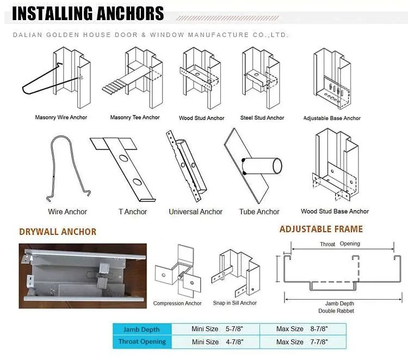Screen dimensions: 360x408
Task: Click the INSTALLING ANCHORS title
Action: pos(88,13)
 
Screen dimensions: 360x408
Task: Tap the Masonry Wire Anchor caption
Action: pos(61,117)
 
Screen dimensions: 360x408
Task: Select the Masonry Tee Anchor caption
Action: pos(135,117)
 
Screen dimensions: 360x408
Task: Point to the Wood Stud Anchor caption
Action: pos(201,118)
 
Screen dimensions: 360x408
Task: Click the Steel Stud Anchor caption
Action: pos(262,117)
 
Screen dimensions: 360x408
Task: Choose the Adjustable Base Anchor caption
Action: pos(332,118)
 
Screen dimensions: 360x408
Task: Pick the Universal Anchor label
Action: pos(195,212)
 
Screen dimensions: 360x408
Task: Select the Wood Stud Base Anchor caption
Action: pos(335,211)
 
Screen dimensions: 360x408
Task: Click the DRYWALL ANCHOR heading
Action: pos(58,232)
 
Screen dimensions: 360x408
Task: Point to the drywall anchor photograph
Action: pos(83,276)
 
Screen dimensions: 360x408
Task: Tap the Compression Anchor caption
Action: pos(177,303)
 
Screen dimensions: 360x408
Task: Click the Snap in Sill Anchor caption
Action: pos(234,303)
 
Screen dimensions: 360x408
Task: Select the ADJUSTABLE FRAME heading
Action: pos(321,229)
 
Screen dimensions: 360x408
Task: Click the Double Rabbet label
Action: pos(336,311)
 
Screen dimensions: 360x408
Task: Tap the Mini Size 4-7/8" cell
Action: pos(217,342)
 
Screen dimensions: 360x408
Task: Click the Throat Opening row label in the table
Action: pos(142,342)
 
